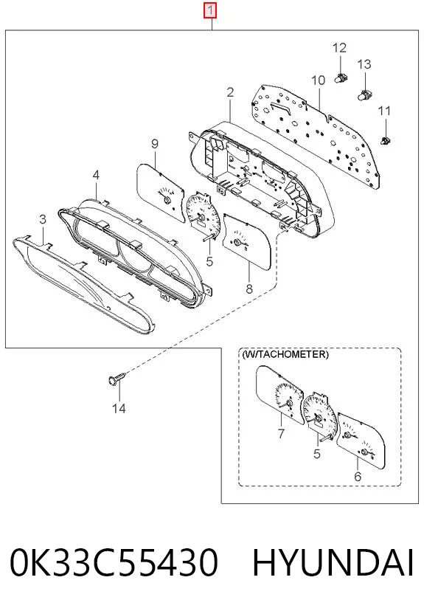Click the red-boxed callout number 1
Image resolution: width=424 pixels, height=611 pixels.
[210, 10]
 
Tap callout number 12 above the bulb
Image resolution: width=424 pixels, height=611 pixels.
[339, 48]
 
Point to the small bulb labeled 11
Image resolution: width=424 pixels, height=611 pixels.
[385, 140]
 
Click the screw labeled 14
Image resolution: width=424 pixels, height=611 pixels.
[117, 378]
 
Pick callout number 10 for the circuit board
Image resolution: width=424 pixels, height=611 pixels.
[318, 80]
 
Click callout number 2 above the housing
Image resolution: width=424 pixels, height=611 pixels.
[230, 92]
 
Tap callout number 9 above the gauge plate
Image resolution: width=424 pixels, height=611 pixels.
[155, 144]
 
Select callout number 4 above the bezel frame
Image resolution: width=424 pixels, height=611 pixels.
[96, 175]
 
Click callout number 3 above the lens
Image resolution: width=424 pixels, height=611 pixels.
[43, 219]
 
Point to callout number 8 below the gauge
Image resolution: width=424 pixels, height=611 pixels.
[249, 289]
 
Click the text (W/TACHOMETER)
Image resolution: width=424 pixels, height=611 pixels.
[285, 354]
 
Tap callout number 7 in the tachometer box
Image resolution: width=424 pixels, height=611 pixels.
[281, 433]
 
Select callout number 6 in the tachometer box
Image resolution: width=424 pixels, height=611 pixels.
[358, 476]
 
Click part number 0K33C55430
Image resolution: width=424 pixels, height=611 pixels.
[114, 562]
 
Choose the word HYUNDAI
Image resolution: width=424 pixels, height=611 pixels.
[333, 562]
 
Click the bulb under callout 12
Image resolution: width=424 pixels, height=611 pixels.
[341, 78]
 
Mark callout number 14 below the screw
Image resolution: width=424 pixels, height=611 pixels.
[119, 408]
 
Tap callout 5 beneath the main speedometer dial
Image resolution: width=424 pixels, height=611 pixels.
[209, 261]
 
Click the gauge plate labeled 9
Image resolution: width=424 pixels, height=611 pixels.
[160, 193]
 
